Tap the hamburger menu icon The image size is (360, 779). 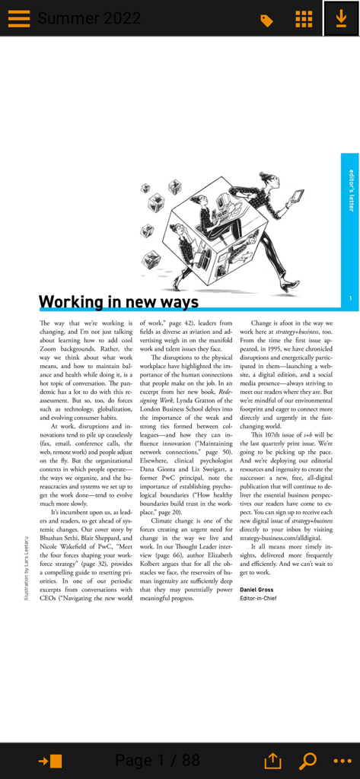pyautogui.click(x=19, y=18)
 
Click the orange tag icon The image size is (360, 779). pyautogui.click(x=266, y=21)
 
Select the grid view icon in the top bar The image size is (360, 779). pyautogui.click(x=303, y=19)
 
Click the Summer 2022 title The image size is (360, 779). pyautogui.click(x=89, y=19)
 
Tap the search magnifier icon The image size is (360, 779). pyautogui.click(x=308, y=761)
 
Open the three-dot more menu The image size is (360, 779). pyautogui.click(x=342, y=761)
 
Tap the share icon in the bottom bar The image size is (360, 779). pyautogui.click(x=272, y=761)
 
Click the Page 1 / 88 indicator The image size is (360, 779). pyautogui.click(x=157, y=760)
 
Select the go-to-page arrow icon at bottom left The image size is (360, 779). pyautogui.click(x=51, y=761)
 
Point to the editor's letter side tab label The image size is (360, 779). pyautogui.click(x=351, y=190)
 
